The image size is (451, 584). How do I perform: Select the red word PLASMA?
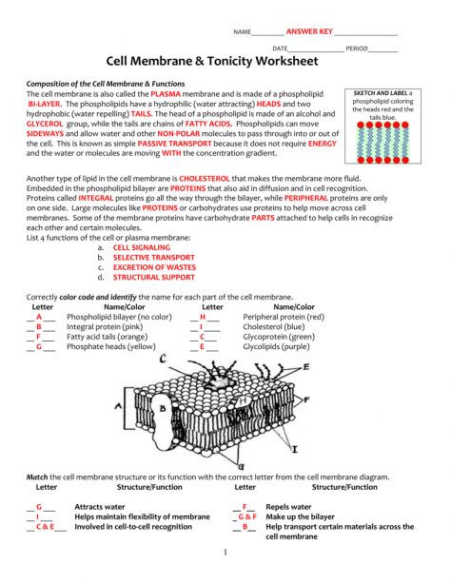pos(166,95)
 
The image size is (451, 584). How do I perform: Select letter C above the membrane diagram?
pos(164,359)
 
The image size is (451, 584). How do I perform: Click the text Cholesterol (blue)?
pos(275,326)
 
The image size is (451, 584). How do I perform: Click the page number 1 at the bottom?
pos(225,552)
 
